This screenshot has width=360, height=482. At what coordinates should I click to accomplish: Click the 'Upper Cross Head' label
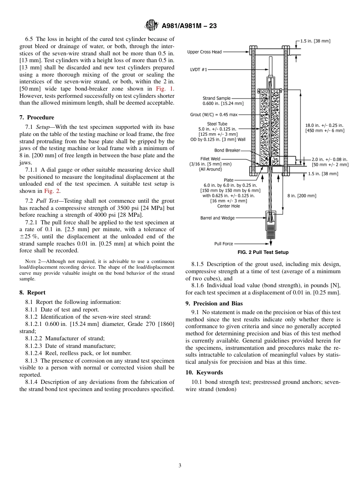204,52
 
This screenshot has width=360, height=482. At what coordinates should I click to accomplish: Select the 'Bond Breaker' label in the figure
227,150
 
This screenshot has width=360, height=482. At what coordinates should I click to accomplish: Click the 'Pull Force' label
224,244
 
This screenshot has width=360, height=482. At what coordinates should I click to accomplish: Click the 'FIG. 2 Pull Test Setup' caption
263,252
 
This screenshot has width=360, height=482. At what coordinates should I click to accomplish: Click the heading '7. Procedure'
37,117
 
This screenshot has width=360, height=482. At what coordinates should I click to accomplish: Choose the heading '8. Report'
32,293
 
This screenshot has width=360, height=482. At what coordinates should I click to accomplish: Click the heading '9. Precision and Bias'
214,304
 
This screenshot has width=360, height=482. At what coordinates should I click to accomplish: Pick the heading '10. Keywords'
204,372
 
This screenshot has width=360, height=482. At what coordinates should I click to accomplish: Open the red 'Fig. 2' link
52,191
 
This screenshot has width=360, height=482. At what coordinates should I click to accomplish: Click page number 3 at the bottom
180,466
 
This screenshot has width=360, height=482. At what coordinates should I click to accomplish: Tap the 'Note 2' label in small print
30,261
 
